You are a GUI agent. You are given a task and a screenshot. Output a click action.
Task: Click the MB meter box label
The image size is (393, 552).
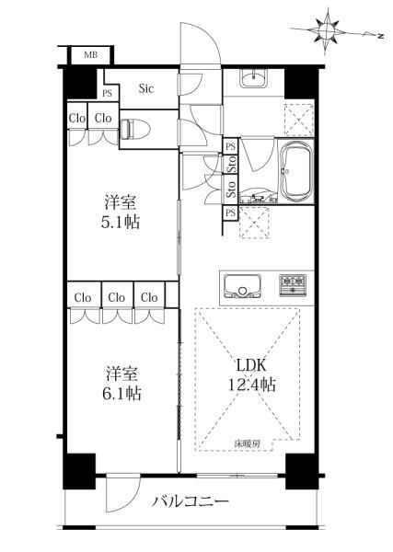coord(91,55)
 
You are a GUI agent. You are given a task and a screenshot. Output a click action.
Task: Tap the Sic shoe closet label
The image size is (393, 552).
coord(145,88)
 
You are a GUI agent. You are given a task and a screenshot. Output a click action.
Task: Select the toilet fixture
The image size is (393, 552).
coord(135,129)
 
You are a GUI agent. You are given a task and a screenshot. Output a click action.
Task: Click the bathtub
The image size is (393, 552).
coord(297,171)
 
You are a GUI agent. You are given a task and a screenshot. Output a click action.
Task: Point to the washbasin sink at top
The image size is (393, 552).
coord(253,78)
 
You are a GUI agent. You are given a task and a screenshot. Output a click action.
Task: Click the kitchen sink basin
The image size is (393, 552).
coord(243,286)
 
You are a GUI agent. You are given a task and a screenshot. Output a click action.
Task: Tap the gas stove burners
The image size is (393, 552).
coord(293,285)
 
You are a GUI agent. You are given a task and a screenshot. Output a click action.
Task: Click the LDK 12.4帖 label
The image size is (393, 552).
coord(251,375)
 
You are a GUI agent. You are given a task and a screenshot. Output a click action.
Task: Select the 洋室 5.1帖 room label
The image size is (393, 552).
coord(120,213)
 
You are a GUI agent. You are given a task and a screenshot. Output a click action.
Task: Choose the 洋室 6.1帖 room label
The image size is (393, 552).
coord(121,384)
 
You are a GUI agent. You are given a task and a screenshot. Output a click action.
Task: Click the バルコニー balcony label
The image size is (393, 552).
coord(191,500)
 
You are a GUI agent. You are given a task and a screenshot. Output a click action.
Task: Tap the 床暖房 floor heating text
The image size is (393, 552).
coord(248,444)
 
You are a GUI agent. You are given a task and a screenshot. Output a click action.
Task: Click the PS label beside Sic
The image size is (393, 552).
coord(107,93)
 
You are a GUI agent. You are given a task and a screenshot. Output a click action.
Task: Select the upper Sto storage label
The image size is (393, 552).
coord(231,164)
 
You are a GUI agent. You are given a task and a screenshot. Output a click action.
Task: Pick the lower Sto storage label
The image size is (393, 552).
coord(231,189)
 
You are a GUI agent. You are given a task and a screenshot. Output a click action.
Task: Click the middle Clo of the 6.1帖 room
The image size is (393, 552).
coord(117,298)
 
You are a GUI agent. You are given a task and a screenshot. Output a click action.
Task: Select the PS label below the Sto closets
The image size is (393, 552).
coord(230,213)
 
